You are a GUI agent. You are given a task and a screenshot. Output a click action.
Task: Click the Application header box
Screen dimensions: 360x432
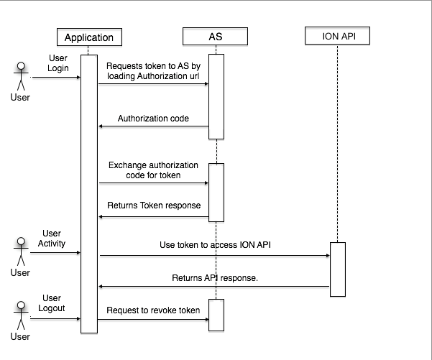[89, 37]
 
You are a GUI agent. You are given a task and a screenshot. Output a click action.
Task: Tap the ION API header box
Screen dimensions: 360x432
[337, 35]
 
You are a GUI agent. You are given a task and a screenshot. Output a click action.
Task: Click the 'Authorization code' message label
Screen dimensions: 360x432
[153, 119]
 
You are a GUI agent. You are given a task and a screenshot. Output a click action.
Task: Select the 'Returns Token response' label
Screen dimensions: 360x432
[153, 206]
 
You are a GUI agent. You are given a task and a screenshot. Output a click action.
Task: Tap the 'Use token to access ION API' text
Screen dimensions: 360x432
[214, 246]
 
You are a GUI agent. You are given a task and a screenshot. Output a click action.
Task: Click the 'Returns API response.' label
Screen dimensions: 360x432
[214, 277]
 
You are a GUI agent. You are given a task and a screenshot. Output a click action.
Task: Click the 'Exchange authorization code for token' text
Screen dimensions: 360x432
[153, 170]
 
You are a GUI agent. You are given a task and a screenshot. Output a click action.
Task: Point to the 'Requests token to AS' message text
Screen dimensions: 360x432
[153, 70]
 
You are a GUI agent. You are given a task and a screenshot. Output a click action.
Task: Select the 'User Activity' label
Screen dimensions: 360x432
[52, 239]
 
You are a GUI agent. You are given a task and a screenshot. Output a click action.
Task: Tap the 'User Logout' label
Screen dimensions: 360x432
[52, 303]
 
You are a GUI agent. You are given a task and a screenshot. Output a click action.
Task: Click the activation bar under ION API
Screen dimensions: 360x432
[338, 269]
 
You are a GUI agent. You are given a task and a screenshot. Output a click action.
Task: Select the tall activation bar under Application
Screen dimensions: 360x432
[89, 194]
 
